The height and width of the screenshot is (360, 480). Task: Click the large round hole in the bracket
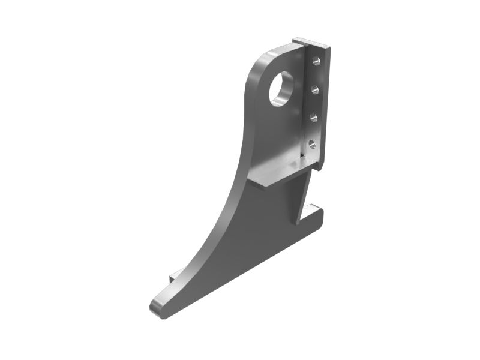pos(281,89)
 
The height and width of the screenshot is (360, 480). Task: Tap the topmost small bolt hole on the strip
pos(317,61)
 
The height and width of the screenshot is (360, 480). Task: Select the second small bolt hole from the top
pos(315,89)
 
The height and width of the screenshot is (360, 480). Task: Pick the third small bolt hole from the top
pos(313,117)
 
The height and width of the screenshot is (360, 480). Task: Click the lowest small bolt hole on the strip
pos(311,143)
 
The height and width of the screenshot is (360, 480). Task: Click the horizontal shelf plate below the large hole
pos(276,174)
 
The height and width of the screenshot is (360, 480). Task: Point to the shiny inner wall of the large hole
pos(287,84)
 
